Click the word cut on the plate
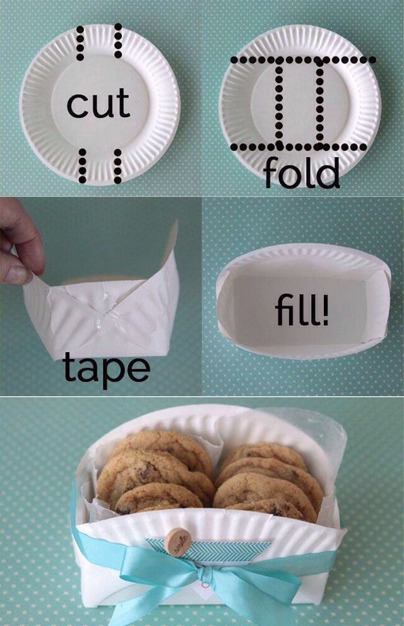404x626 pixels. click(98, 104)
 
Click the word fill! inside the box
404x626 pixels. click(302, 312)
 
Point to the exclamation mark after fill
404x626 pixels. click(326, 310)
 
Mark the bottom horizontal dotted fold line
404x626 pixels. click(297, 147)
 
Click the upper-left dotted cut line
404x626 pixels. click(80, 42)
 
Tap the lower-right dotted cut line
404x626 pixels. click(118, 166)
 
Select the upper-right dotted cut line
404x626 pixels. click(118, 41)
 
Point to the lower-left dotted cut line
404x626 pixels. click(81, 166)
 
